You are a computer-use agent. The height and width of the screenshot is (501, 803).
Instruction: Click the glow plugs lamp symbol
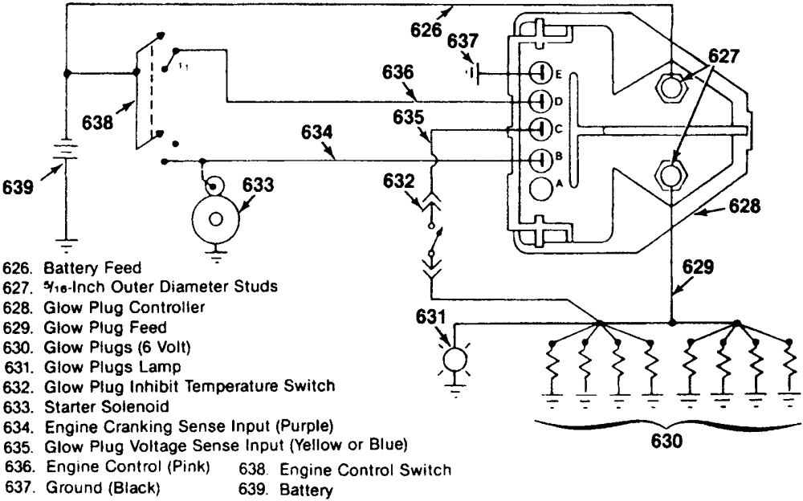[x=454, y=360]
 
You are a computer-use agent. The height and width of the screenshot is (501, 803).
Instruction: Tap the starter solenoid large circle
[x=215, y=219]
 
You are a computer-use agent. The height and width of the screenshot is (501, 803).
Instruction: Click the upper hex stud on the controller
[x=671, y=88]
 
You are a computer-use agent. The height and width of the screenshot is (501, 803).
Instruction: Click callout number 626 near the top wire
[x=426, y=30]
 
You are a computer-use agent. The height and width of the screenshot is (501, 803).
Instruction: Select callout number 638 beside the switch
[x=98, y=122]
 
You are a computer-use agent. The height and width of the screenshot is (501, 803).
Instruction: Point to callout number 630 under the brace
[x=666, y=440]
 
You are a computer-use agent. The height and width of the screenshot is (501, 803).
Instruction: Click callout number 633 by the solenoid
[x=258, y=185]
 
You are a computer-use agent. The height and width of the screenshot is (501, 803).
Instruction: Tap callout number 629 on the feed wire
[x=698, y=267]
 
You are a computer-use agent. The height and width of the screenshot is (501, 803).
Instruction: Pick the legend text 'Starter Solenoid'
[x=107, y=407]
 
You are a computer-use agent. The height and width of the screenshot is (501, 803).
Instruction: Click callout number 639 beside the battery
[x=18, y=187]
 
